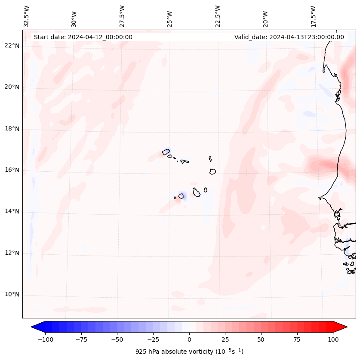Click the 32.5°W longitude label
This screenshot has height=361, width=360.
[x=27, y=16]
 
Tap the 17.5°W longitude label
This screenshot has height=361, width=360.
[x=313, y=16]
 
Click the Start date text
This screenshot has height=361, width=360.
[x=83, y=37]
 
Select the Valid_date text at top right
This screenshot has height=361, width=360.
[x=289, y=37]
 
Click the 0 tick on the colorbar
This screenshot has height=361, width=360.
[x=189, y=339]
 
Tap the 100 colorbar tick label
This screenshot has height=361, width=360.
[x=333, y=339]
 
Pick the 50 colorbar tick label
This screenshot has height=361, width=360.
[x=261, y=339]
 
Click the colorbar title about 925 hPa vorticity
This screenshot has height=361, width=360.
[x=189, y=352]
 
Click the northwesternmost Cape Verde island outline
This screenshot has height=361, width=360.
[x=166, y=151]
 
